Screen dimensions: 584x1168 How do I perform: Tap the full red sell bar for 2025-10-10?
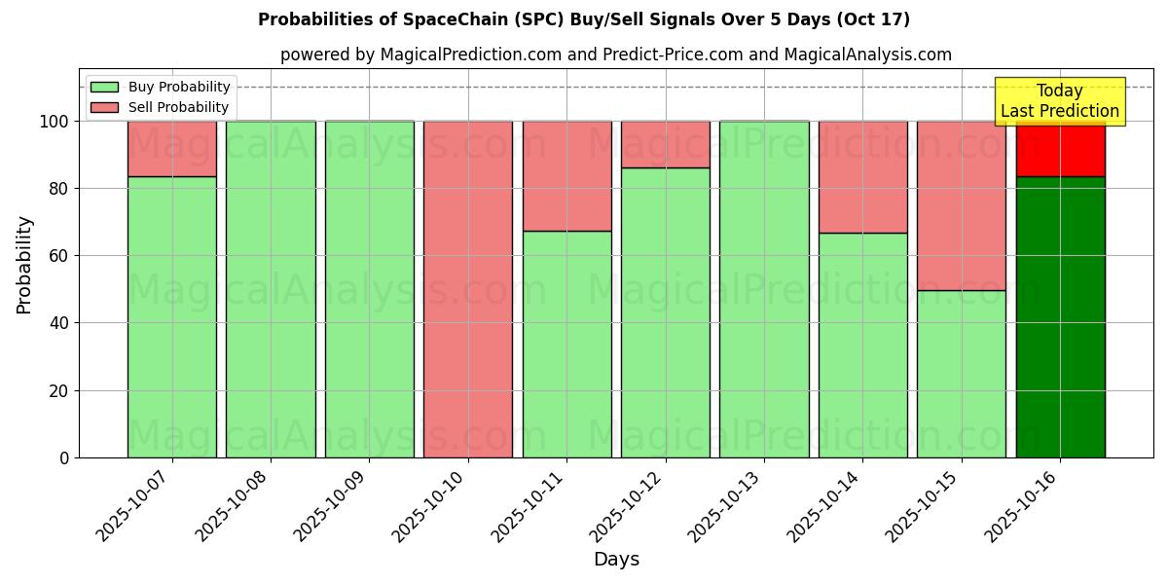468,289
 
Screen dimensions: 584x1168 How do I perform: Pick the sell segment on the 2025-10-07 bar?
171,148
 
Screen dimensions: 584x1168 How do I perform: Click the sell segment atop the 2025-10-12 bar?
666,144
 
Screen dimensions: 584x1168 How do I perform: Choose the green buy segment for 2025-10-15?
962,374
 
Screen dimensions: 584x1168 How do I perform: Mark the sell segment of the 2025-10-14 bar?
862,176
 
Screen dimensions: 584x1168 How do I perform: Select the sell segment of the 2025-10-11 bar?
566,175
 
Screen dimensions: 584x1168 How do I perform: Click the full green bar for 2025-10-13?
764,289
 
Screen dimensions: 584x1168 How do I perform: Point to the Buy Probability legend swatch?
104,87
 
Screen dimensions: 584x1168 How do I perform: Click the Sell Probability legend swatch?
104,107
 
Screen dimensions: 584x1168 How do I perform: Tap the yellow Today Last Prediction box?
1060,101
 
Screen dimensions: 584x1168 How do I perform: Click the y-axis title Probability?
24,265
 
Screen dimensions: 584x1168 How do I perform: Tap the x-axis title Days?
616,560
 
